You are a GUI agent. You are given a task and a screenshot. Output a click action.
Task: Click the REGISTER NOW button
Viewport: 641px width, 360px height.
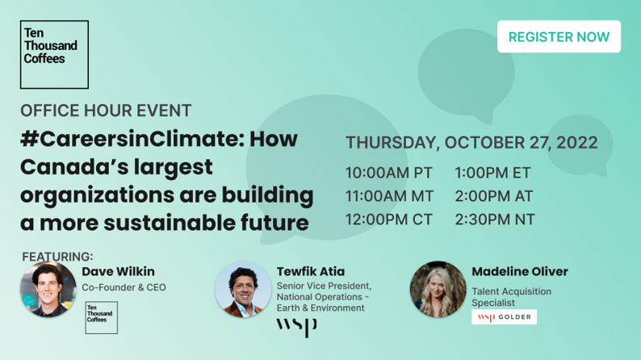559,36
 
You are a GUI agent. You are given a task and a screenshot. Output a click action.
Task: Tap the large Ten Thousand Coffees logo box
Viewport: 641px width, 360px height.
54,54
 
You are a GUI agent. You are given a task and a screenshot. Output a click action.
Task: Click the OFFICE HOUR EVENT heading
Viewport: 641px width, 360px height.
106,111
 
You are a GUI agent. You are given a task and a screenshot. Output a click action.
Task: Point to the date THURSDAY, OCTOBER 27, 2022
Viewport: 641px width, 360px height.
471,142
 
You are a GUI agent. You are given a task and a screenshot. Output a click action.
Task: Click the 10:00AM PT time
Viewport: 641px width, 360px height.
389,173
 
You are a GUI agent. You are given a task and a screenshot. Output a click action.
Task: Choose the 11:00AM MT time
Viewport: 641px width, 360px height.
390,196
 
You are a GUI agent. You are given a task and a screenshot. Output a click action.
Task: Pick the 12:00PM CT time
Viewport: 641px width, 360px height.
389,220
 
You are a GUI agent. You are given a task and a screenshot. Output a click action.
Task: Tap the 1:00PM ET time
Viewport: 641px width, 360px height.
492,173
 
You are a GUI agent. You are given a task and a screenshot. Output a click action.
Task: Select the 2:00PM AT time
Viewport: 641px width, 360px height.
494,196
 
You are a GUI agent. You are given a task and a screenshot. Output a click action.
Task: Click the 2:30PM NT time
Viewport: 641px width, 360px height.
495,220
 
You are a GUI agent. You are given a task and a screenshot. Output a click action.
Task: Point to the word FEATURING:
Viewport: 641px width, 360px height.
57,257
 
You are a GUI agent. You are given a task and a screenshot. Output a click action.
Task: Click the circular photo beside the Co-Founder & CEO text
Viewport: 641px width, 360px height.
48,289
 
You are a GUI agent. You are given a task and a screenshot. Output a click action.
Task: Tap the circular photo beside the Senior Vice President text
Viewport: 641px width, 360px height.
243,289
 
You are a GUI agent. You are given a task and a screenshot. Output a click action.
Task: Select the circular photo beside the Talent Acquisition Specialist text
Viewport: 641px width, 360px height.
438,289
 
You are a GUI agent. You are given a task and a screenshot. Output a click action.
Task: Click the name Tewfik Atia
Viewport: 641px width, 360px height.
311,271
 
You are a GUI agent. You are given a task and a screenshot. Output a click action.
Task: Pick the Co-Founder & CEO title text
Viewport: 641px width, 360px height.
124,287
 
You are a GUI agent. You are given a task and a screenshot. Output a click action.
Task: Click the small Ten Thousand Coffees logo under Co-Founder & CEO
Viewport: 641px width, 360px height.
102,317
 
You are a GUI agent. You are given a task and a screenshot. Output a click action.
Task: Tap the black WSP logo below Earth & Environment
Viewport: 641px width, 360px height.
297,328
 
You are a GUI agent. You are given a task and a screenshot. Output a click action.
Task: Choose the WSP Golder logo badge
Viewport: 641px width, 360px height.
504,317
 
